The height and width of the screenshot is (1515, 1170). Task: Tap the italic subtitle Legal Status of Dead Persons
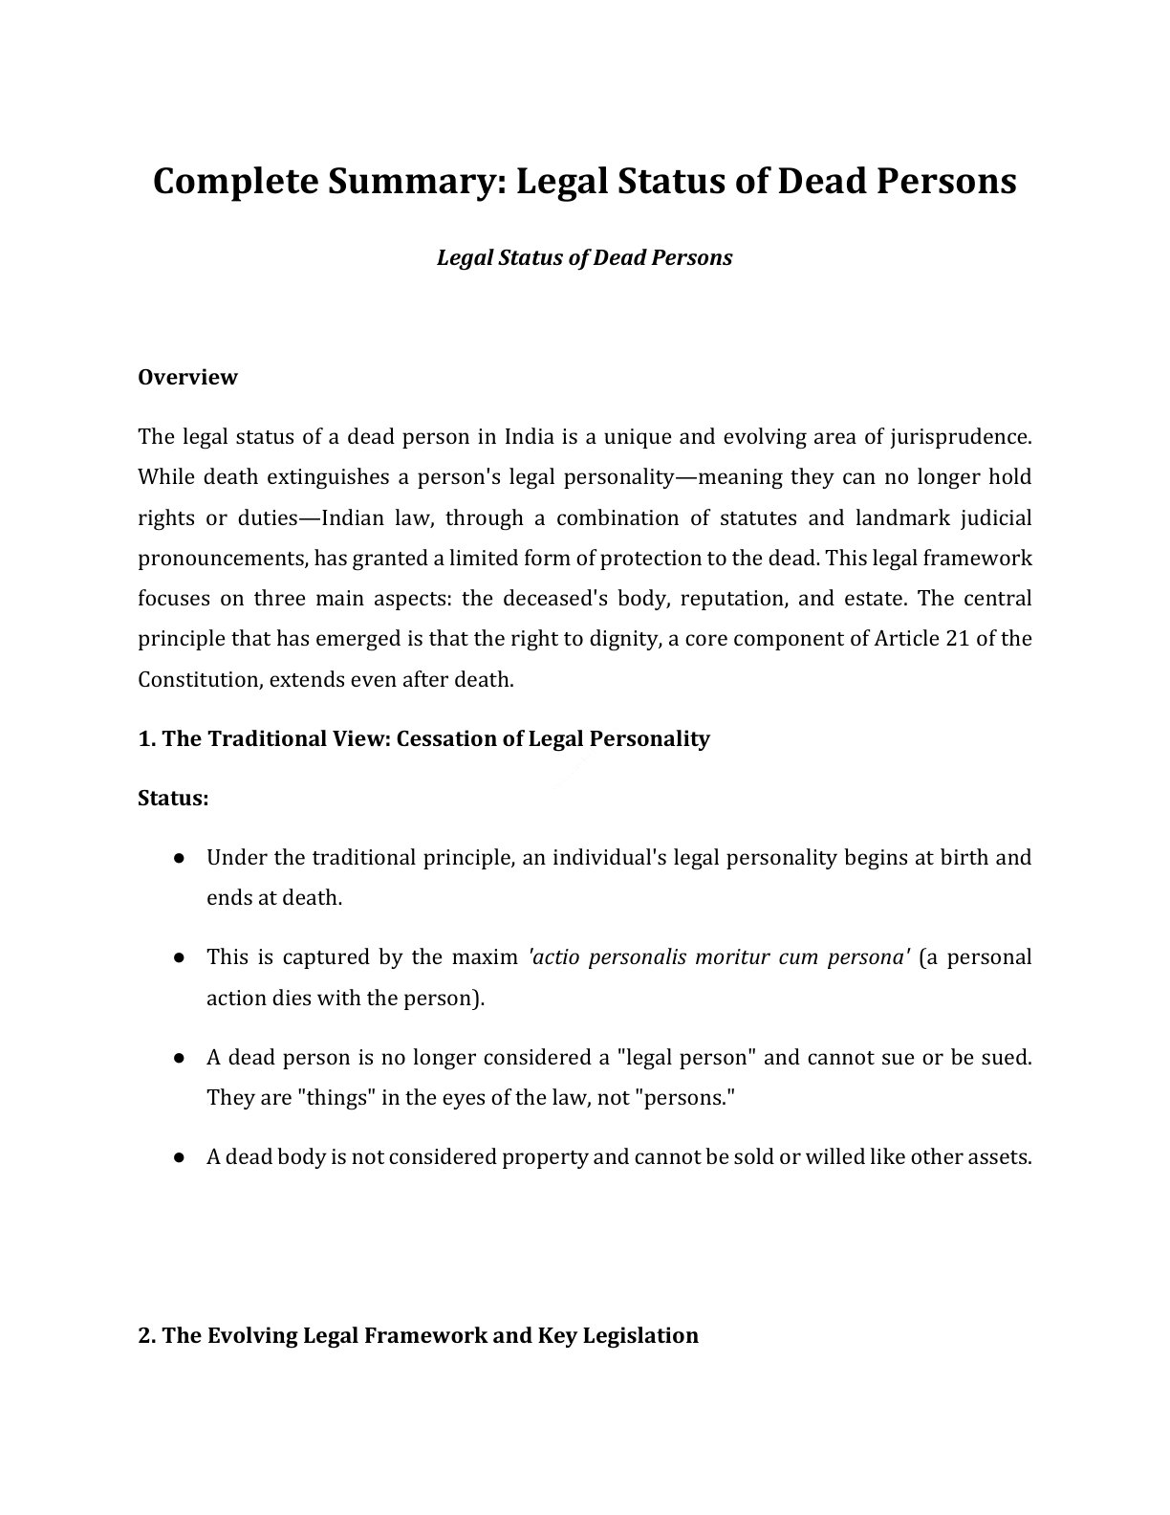584,258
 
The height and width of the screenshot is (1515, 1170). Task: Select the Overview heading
187,377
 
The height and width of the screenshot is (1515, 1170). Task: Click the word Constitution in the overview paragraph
200,679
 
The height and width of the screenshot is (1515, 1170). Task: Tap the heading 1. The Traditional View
423,738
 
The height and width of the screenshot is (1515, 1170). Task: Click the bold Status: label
173,798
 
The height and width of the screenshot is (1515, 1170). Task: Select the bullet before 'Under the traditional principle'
179,858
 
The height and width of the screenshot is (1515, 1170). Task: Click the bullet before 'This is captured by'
179,957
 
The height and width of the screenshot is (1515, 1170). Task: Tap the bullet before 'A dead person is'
179,1058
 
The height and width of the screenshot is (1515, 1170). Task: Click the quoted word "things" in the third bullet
336,1097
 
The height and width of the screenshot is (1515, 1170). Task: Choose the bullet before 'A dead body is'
179,1157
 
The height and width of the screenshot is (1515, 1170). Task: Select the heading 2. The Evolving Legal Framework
418,1335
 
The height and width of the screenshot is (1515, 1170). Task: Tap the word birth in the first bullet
964,857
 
